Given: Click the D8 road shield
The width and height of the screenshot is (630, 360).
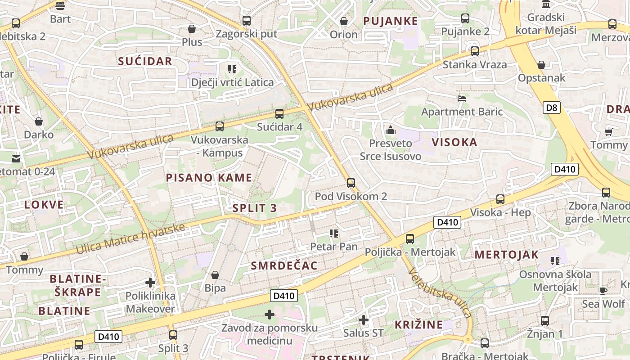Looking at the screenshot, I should point(552,108).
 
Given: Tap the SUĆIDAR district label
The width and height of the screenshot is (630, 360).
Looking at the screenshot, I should point(145,62).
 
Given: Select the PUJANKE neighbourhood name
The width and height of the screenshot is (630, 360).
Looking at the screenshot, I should point(390,21).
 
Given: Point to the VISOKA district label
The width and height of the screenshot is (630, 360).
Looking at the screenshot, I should point(454,143).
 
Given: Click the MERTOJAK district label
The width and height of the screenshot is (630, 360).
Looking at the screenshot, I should point(506,255).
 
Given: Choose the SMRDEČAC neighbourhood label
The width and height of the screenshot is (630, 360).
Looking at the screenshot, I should point(284,265).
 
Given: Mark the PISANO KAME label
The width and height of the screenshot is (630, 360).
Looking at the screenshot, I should point(209,178).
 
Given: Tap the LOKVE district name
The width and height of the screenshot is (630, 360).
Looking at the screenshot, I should point(44,205).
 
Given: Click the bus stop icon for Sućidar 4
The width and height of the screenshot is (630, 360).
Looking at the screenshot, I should point(279,114).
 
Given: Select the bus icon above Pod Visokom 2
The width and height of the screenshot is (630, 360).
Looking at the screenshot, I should point(351,183).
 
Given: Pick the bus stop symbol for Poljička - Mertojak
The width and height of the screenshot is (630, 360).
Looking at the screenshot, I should point(410,239).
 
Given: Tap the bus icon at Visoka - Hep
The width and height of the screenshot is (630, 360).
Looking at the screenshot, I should point(500,199).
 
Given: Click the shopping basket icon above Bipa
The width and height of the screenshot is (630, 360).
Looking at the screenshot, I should point(215,274).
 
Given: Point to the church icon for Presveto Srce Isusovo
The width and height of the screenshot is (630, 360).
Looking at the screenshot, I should point(391,130).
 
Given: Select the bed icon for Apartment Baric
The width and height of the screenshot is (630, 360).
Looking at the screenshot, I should point(462,98).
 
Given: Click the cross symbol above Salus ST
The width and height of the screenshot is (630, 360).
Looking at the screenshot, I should point(363,320).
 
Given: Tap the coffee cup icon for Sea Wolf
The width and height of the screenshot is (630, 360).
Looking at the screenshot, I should point(603,290).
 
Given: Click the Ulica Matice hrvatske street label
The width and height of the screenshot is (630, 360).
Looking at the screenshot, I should point(130,238).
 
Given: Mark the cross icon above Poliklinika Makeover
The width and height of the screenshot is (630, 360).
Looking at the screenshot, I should point(150,283).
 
